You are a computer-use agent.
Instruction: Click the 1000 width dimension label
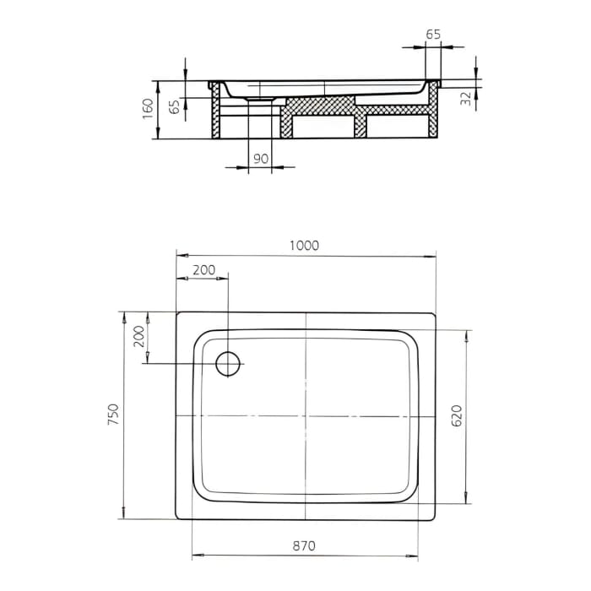point(304,245)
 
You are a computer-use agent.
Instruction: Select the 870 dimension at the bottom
point(304,546)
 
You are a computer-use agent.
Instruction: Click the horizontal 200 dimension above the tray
point(203,270)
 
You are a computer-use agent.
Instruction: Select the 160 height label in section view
point(148,110)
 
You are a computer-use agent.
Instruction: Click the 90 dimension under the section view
point(260,159)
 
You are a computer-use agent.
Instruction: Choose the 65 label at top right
point(433,35)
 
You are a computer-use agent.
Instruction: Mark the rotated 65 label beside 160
point(174,107)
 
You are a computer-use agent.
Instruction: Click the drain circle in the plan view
point(229,363)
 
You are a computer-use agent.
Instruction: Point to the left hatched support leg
point(215,118)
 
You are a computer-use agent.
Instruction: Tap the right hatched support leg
point(435,118)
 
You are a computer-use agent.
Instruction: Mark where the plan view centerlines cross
point(306,416)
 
